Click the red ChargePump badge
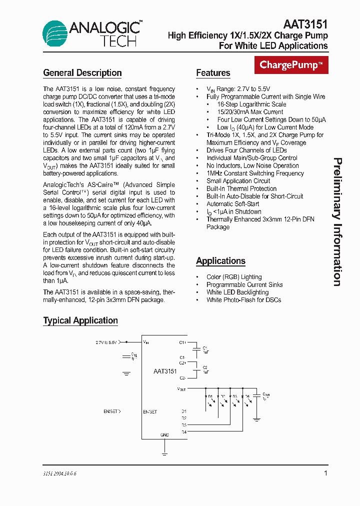click(x=291, y=65)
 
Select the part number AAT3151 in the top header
click(x=305, y=24)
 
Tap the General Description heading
click(x=82, y=73)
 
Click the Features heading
click(x=213, y=73)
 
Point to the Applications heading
click(x=220, y=261)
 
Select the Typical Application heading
click(x=80, y=321)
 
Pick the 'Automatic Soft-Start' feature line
click(x=232, y=204)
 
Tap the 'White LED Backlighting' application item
click(x=237, y=292)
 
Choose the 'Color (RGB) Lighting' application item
click(x=234, y=277)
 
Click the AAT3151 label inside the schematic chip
click(x=165, y=371)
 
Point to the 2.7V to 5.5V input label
click(x=106, y=342)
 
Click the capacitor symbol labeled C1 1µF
click(x=198, y=348)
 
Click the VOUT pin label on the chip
click(x=181, y=388)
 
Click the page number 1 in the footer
click(x=325, y=473)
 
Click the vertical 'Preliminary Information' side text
click(x=338, y=222)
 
